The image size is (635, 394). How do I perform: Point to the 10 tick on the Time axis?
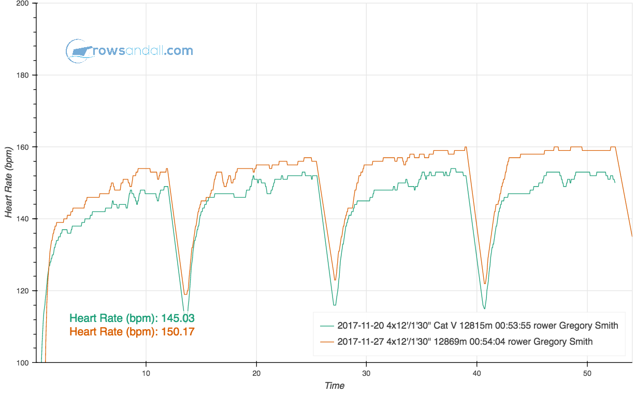(146, 373)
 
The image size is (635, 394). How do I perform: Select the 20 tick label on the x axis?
(256, 373)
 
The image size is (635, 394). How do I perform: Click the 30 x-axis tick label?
(367, 373)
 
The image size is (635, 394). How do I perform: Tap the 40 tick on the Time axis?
(477, 373)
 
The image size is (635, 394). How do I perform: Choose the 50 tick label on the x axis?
(587, 373)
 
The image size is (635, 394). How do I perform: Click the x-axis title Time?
(334, 386)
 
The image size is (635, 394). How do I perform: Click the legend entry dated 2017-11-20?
(477, 326)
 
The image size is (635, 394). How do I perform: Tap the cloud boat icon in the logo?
(78, 51)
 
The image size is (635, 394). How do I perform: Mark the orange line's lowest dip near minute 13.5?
(184, 294)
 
